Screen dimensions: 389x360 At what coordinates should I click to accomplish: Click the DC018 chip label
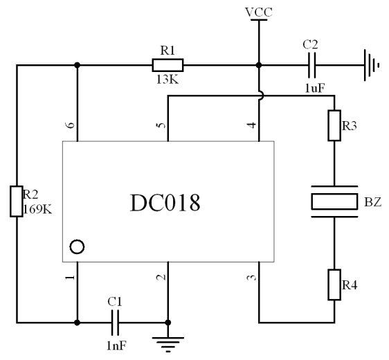(x=165, y=203)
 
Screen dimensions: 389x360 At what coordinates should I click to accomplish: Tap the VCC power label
(x=259, y=12)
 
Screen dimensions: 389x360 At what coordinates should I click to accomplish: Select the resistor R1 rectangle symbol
(x=168, y=65)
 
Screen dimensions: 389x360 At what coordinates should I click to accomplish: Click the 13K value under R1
(x=168, y=80)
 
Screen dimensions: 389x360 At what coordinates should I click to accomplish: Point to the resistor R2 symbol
(x=17, y=201)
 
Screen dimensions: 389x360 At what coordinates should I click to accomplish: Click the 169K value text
(x=37, y=210)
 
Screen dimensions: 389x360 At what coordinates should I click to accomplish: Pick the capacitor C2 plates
(x=312, y=65)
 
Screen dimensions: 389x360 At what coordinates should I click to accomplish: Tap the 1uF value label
(x=315, y=88)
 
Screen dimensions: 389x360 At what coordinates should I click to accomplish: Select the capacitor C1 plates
(x=115, y=323)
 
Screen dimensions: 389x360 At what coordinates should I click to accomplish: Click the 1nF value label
(x=116, y=345)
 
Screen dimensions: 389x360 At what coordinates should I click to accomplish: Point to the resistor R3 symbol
(x=334, y=125)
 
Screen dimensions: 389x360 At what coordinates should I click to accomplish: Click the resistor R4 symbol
(x=334, y=285)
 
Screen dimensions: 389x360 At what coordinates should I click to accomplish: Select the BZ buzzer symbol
(x=334, y=201)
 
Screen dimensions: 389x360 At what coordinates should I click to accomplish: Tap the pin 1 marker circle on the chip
(x=77, y=247)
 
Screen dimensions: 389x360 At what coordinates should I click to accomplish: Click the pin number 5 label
(x=161, y=125)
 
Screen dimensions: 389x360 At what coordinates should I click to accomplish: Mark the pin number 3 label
(x=252, y=278)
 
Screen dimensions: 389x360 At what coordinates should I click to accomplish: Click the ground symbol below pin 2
(x=168, y=344)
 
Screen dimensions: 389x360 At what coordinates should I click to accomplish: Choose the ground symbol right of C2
(x=372, y=65)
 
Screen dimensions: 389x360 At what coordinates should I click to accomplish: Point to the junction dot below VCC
(x=259, y=65)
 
